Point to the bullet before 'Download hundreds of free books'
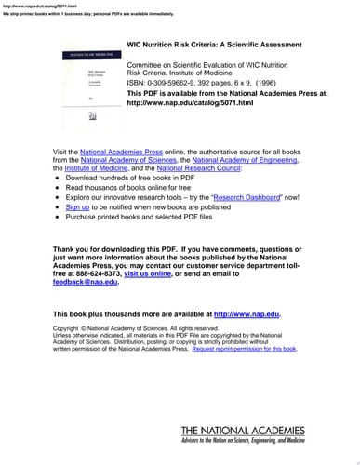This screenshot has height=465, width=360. (58, 179)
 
